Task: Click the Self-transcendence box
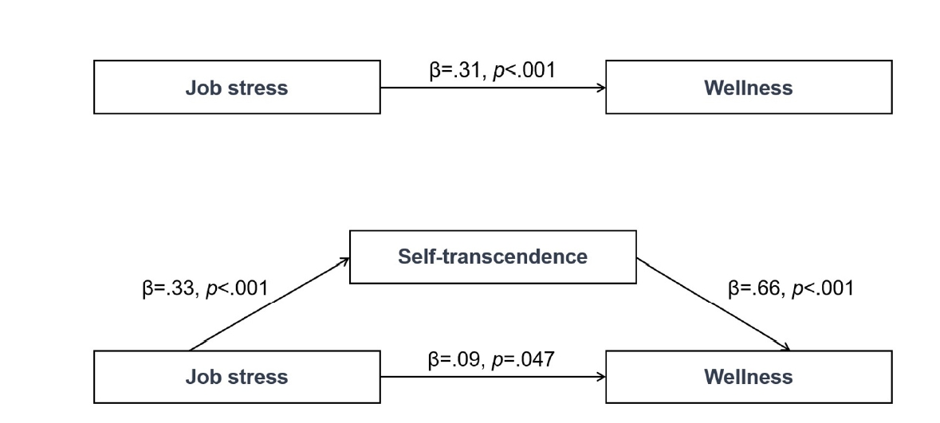pyautogui.click(x=493, y=257)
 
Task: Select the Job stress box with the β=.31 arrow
pyautogui.click(x=237, y=87)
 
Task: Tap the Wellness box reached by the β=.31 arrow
pyautogui.click(x=748, y=87)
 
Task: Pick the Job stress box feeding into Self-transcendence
pyautogui.click(x=237, y=376)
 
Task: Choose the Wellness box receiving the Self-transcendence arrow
pyautogui.click(x=748, y=376)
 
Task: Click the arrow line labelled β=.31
pyautogui.click(x=493, y=87)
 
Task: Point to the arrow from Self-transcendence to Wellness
pyautogui.click(x=714, y=304)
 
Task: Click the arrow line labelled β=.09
pyautogui.click(x=493, y=376)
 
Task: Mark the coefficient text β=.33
pyautogui.click(x=169, y=288)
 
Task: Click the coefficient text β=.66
pyautogui.click(x=755, y=288)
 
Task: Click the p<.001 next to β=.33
pyautogui.click(x=237, y=288)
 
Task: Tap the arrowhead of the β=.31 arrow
pyautogui.click(x=601, y=87)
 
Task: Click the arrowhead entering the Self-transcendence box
pyautogui.click(x=345, y=260)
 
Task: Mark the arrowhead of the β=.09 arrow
pyautogui.click(x=601, y=376)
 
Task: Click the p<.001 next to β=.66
pyautogui.click(x=822, y=288)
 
